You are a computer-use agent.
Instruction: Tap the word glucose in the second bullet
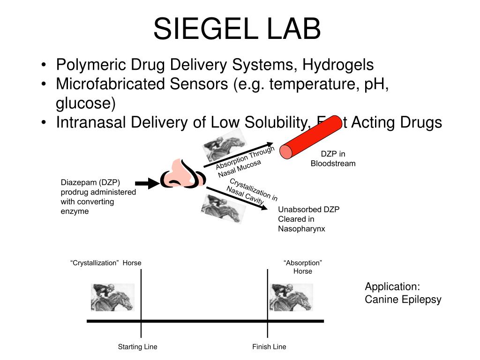pyautogui.click(x=86, y=103)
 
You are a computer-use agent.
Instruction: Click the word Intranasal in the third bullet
pyautogui.click(x=91, y=122)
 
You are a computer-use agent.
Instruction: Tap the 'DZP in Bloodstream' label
pyautogui.click(x=333, y=159)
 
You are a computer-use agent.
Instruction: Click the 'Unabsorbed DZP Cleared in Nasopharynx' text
pyautogui.click(x=308, y=219)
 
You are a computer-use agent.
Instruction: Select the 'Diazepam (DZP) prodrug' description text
pyautogui.click(x=98, y=197)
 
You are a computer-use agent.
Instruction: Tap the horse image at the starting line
pyautogui.click(x=112, y=297)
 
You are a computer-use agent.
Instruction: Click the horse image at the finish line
pyautogui.click(x=291, y=297)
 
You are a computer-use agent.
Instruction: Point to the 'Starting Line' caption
pyautogui.click(x=137, y=347)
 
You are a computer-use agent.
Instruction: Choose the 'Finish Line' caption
pyautogui.click(x=269, y=347)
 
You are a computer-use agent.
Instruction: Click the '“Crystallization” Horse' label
pyautogui.click(x=106, y=263)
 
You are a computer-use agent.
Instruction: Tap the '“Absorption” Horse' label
pyautogui.click(x=303, y=267)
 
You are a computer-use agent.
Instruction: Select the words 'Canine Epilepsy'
pyautogui.click(x=403, y=300)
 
